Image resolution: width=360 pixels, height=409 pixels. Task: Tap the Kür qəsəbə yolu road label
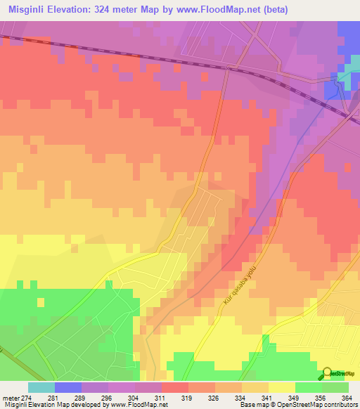point(240,282)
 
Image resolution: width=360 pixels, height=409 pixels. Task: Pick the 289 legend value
point(94,398)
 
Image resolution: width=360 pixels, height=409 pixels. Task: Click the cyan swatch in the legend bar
point(41,387)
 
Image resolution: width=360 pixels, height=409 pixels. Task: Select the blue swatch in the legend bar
point(68,387)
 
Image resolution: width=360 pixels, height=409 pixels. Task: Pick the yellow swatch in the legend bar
point(282,387)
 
